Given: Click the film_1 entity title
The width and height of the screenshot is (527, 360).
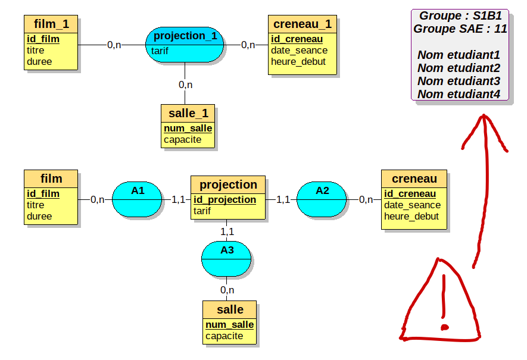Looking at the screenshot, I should click(51, 24).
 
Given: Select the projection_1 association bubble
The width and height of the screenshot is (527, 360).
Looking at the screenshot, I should click(185, 36).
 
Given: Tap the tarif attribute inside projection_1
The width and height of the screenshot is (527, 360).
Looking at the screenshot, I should click(160, 51).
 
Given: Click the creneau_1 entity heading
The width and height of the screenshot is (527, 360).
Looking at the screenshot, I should click(302, 24).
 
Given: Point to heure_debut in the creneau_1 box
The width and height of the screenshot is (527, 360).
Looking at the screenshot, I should click(298, 61).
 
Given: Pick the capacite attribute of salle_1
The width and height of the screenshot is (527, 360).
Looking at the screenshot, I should click(182, 140).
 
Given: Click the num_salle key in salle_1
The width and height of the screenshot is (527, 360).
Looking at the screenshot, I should click(188, 128).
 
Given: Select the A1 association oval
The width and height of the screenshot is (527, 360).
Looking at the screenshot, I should click(138, 199).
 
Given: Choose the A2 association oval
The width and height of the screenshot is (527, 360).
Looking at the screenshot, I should click(322, 199).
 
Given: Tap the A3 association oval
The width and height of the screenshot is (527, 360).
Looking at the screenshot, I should click(227, 259).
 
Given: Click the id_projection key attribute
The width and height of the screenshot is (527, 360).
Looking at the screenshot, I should click(224, 199).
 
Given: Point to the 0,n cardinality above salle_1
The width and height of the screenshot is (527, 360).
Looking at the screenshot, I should click(185, 84).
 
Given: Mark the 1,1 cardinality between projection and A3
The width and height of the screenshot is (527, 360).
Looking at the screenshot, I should click(227, 231).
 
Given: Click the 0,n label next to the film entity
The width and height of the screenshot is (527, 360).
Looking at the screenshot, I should click(98, 199).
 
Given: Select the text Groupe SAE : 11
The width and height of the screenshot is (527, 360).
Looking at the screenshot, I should click(460, 29).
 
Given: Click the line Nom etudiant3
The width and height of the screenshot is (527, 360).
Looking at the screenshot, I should click(459, 81).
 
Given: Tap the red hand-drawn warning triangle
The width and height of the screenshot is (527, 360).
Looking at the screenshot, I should click(441, 303).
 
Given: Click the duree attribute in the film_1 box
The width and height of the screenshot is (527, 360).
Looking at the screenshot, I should click(39, 61).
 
